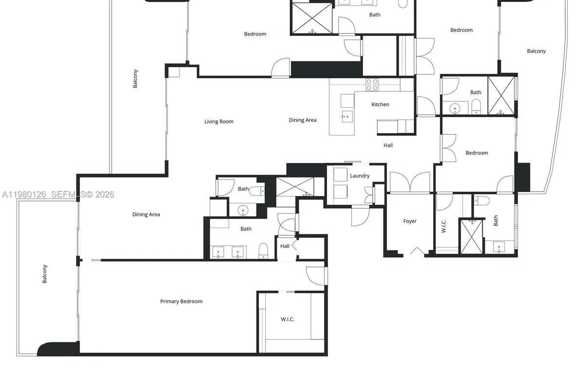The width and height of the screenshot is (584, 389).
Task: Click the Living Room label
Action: [x=219, y=122]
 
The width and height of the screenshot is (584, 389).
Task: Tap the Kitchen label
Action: [x=380, y=105]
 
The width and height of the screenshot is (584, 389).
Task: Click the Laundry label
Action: [x=360, y=176]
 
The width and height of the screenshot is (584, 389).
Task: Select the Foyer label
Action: [x=410, y=221]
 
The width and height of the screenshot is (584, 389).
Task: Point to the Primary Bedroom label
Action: [x=181, y=301]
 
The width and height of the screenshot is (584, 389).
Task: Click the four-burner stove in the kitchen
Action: [x=372, y=85]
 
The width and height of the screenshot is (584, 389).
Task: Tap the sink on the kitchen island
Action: [x=347, y=115]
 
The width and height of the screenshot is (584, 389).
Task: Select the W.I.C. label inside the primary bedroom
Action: [x=287, y=319]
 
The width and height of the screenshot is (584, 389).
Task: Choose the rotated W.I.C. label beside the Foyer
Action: [x=443, y=226]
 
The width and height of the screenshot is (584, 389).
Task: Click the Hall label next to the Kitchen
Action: [x=388, y=145]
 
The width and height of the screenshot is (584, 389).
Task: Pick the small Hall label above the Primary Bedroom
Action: [x=285, y=246]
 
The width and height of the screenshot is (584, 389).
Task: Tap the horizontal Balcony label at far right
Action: [x=536, y=51]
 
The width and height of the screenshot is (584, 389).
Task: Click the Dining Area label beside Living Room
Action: [x=303, y=120]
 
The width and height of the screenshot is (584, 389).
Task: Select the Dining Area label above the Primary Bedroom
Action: [x=146, y=214]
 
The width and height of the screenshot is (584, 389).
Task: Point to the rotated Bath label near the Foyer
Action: [x=496, y=221]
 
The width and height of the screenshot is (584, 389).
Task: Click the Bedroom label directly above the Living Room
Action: [x=255, y=34]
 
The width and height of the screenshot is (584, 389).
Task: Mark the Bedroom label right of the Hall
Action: [x=476, y=153]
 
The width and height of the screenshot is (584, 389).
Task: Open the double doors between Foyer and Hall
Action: [x=410, y=182]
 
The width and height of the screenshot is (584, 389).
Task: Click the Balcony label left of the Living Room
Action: [x=136, y=78]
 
